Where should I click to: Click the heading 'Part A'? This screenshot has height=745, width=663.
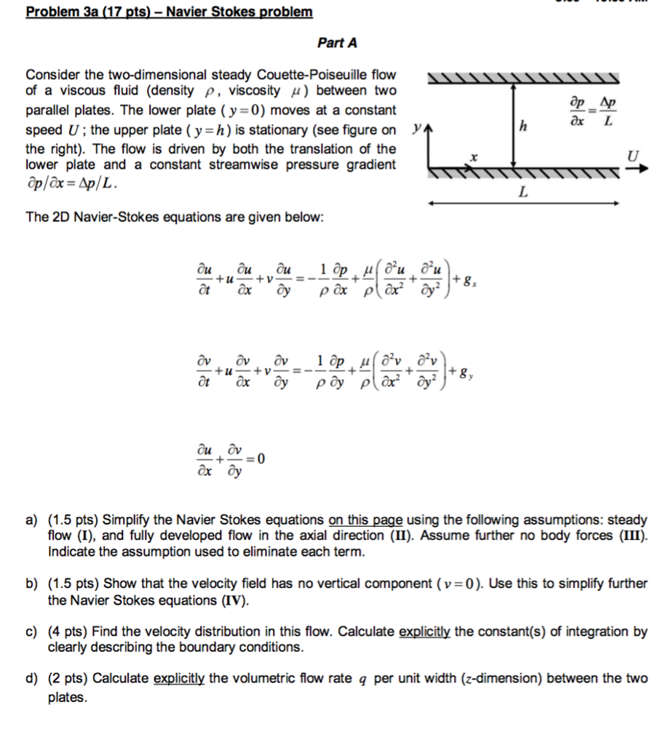coord(337,43)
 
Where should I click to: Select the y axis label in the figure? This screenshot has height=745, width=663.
coord(415,129)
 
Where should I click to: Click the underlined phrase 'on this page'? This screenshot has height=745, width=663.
coord(366,520)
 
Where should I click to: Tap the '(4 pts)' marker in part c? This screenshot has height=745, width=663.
coord(68,632)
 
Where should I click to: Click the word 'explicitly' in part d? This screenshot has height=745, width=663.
coord(179,679)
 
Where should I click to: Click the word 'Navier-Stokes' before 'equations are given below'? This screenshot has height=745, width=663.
coord(108,218)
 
